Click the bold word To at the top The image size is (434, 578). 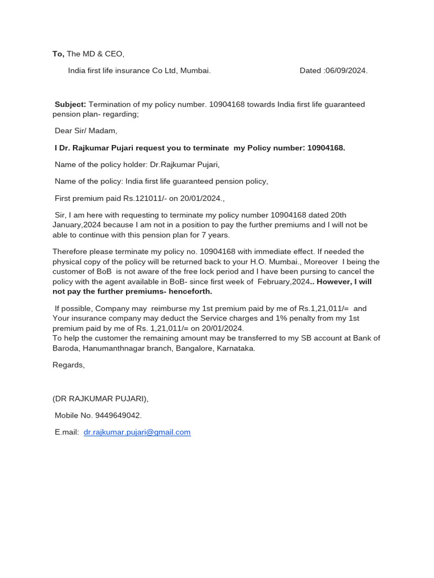[58, 54]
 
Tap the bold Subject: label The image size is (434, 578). [71, 104]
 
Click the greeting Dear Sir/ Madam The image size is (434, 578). [86, 131]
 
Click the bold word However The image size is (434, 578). [333, 282]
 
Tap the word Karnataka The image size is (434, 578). [235, 348]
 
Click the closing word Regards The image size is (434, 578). [68, 365]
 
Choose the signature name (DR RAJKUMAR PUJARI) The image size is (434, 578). [101, 399]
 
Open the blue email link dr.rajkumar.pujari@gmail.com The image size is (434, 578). [137, 432]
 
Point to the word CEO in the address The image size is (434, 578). [113, 54]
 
